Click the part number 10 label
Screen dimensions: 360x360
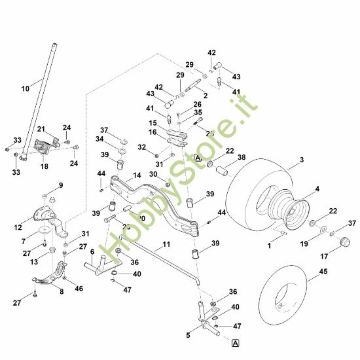(25, 87)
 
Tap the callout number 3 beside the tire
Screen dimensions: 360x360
(302, 160)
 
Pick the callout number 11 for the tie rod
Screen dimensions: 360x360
(166, 243)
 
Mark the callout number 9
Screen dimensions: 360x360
(62, 185)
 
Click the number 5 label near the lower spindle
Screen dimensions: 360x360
(189, 335)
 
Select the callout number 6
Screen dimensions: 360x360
(92, 251)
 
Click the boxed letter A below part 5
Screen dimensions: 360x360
(234, 342)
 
